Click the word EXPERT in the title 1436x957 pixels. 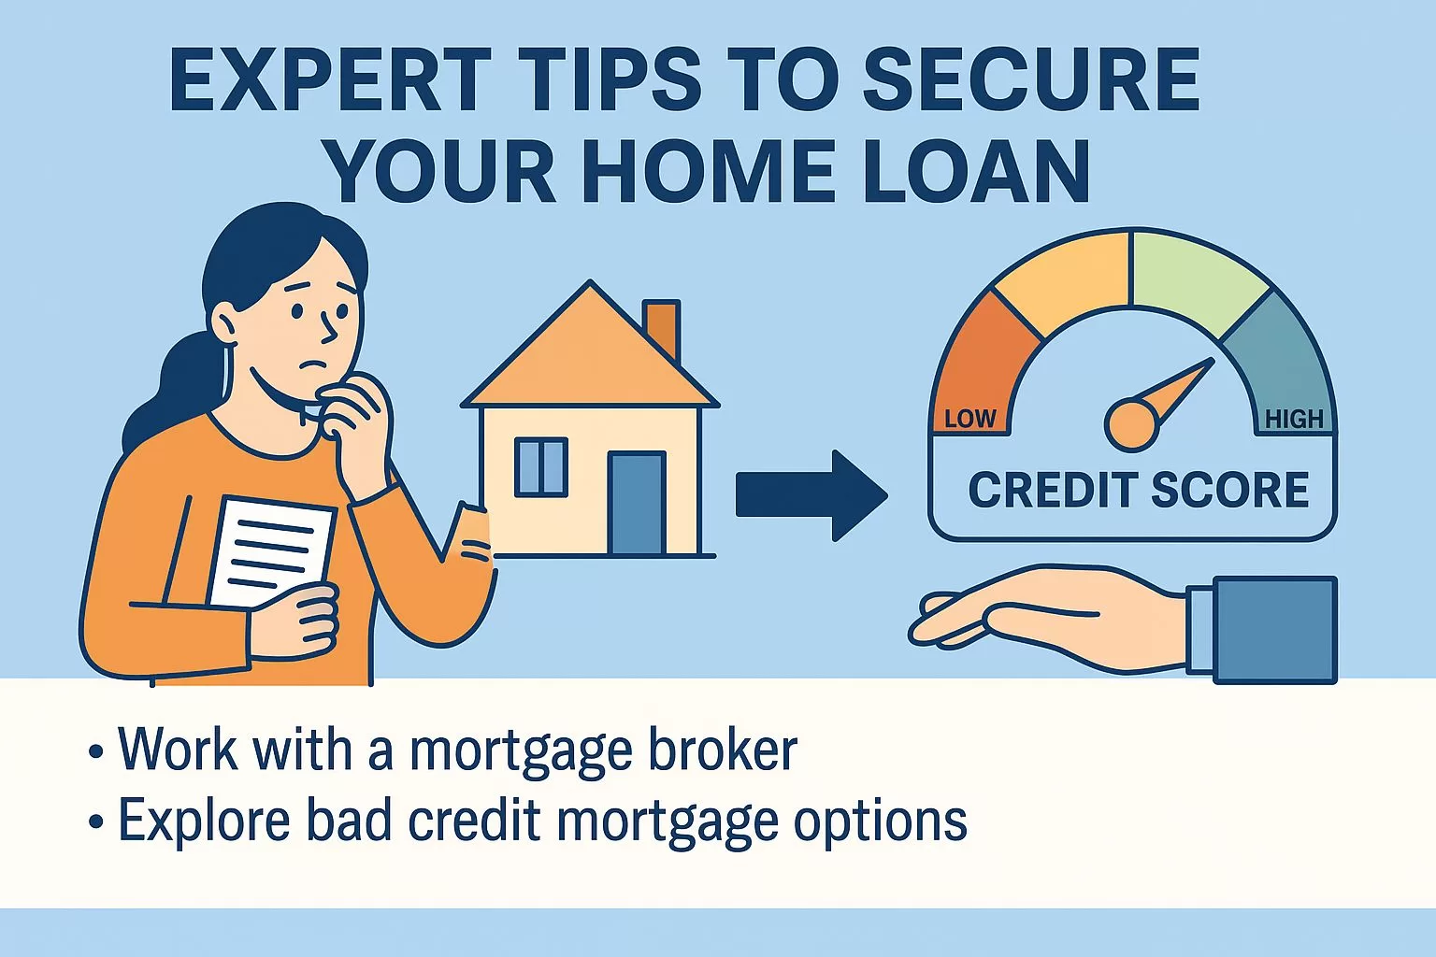click(326, 79)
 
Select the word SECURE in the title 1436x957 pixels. click(1031, 79)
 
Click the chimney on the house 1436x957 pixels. click(662, 328)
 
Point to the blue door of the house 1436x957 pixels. click(637, 503)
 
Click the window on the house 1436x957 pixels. click(541, 467)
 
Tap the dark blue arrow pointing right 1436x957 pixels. click(811, 494)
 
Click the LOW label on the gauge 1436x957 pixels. click(969, 419)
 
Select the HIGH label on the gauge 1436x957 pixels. click(1294, 420)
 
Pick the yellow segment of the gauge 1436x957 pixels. click(1063, 282)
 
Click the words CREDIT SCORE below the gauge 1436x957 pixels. click(1138, 491)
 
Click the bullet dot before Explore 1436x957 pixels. click(96, 822)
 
